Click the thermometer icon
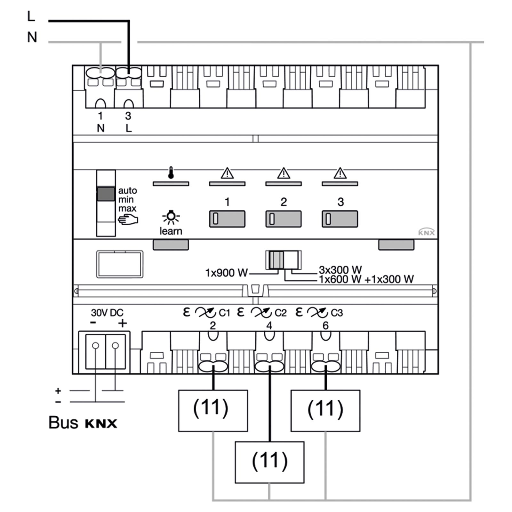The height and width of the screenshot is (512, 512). coord(171,172)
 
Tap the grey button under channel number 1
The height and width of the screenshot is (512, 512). coord(227,219)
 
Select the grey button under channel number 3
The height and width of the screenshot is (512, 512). coord(340,219)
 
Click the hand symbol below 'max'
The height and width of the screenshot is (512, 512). coord(128,220)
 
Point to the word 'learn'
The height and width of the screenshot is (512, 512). coord(171,231)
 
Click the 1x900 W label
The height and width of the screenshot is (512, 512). coord(226,273)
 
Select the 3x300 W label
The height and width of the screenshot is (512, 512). coord(340,270)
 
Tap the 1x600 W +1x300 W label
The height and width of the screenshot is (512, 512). coord(366,279)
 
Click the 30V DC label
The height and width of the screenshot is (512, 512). coord(107,313)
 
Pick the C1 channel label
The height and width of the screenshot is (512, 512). coord(224,313)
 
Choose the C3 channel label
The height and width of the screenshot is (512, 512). coord(337,313)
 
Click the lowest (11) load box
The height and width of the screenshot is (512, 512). coord(269,462)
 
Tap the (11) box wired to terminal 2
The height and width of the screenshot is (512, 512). coord(213,411)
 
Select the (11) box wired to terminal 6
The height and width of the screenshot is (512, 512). coord(325,411)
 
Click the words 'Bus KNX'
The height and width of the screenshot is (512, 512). coord(83,423)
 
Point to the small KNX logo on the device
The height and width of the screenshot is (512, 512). coord(427,232)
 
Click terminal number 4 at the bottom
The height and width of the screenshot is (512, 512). coord(269,325)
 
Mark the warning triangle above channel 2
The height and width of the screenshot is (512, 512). coord(284,173)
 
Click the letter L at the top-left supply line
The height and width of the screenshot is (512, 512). coord(31,16)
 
